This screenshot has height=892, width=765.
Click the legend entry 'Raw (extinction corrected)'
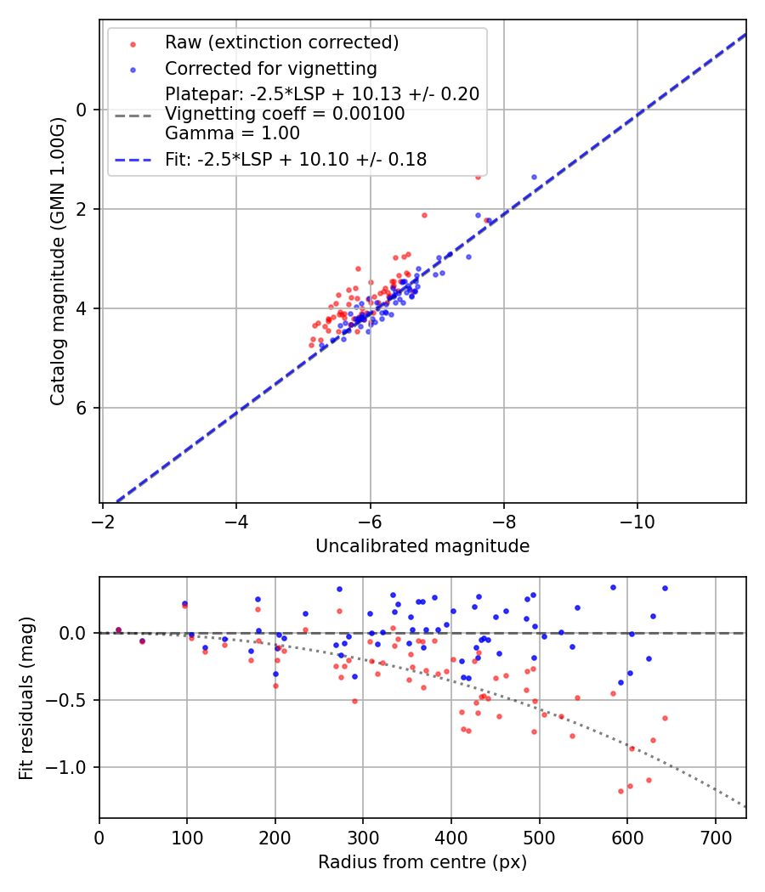[x=281, y=42]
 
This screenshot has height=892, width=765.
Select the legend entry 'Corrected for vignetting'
[x=270, y=68]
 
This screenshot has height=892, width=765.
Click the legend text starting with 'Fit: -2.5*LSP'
[x=296, y=159]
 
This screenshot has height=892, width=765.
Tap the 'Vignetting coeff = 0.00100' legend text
[x=285, y=113]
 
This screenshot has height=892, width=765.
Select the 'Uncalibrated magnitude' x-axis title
[x=422, y=546]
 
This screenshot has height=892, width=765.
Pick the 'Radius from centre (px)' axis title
[x=422, y=862]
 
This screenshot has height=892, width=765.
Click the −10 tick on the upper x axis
[x=637, y=521]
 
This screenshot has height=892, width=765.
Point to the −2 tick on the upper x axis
[x=103, y=521]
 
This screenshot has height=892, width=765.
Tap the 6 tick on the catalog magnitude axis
[x=82, y=409]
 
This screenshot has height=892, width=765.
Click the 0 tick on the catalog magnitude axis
[x=82, y=110]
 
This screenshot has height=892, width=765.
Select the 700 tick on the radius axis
[x=715, y=837]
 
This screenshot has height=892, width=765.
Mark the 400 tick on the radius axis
[x=451, y=837]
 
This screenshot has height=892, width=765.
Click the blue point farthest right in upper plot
[x=534, y=177]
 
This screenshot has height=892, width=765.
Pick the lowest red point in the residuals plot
[x=620, y=791]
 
